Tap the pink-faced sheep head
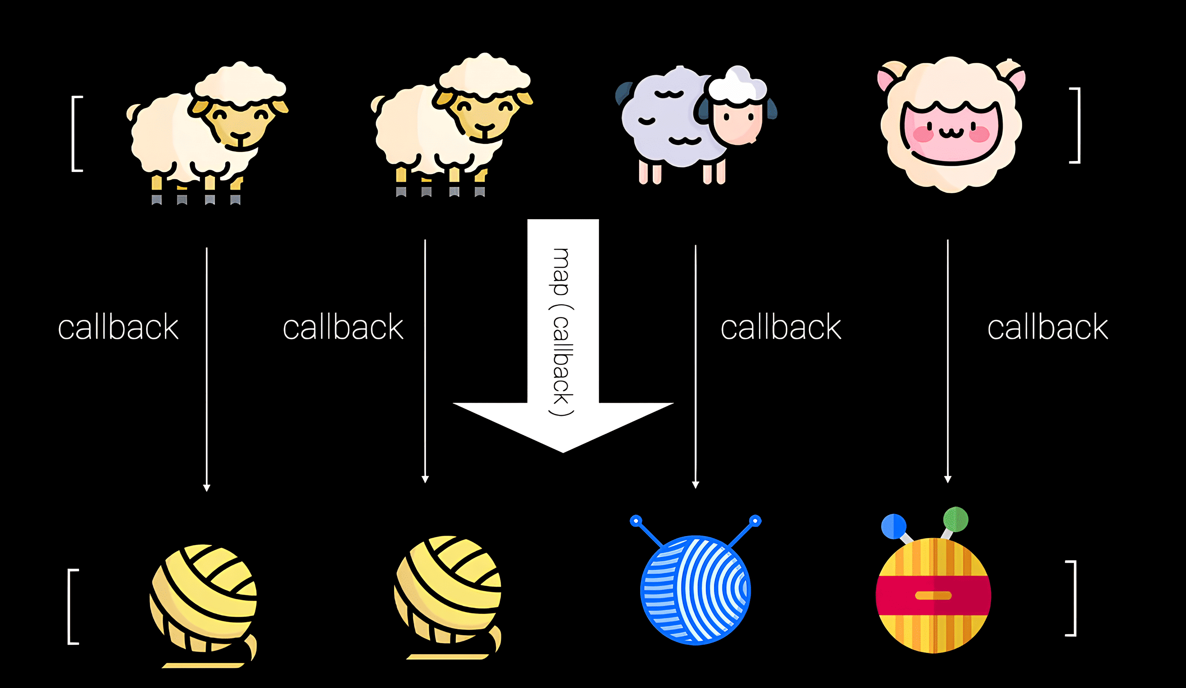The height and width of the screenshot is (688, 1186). coord(951,124)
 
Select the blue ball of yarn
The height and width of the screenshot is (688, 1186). coord(695,590)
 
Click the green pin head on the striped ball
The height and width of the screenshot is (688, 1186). coord(955,519)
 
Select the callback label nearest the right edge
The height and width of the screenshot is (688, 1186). coord(1048,328)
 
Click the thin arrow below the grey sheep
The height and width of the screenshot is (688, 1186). coord(695,367)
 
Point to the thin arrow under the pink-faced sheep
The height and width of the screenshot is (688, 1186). coord(947,362)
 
